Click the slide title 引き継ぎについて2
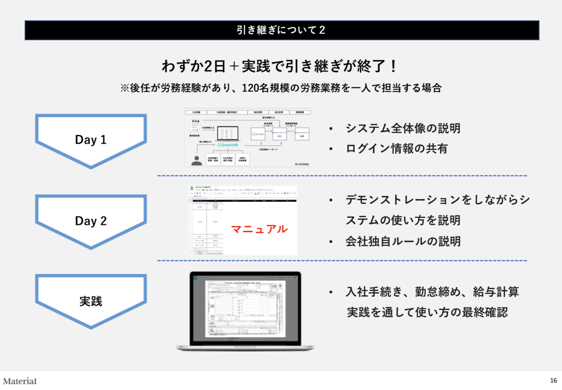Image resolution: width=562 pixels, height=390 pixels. (x=281, y=30)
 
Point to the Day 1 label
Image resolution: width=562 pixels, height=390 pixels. (x=91, y=140)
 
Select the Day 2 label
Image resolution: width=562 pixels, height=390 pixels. (x=91, y=221)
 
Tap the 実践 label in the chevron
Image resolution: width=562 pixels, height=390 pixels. (x=91, y=301)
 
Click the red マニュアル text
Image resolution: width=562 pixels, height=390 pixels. (x=259, y=229)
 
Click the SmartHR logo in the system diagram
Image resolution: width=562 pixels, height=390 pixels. (x=228, y=145)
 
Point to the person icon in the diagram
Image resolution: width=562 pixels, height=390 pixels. (x=196, y=160)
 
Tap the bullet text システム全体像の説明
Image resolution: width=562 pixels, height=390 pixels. (x=403, y=128)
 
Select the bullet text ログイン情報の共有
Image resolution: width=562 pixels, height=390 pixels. (x=397, y=149)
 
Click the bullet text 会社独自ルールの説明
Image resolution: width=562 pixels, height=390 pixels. (x=403, y=241)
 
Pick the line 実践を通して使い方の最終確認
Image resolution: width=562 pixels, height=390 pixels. (x=427, y=312)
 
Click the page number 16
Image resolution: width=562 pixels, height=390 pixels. (x=553, y=380)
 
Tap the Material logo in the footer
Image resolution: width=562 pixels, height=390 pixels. (x=20, y=381)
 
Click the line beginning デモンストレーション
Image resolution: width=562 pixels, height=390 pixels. (x=437, y=200)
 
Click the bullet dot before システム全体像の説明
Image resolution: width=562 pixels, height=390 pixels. (x=331, y=129)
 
